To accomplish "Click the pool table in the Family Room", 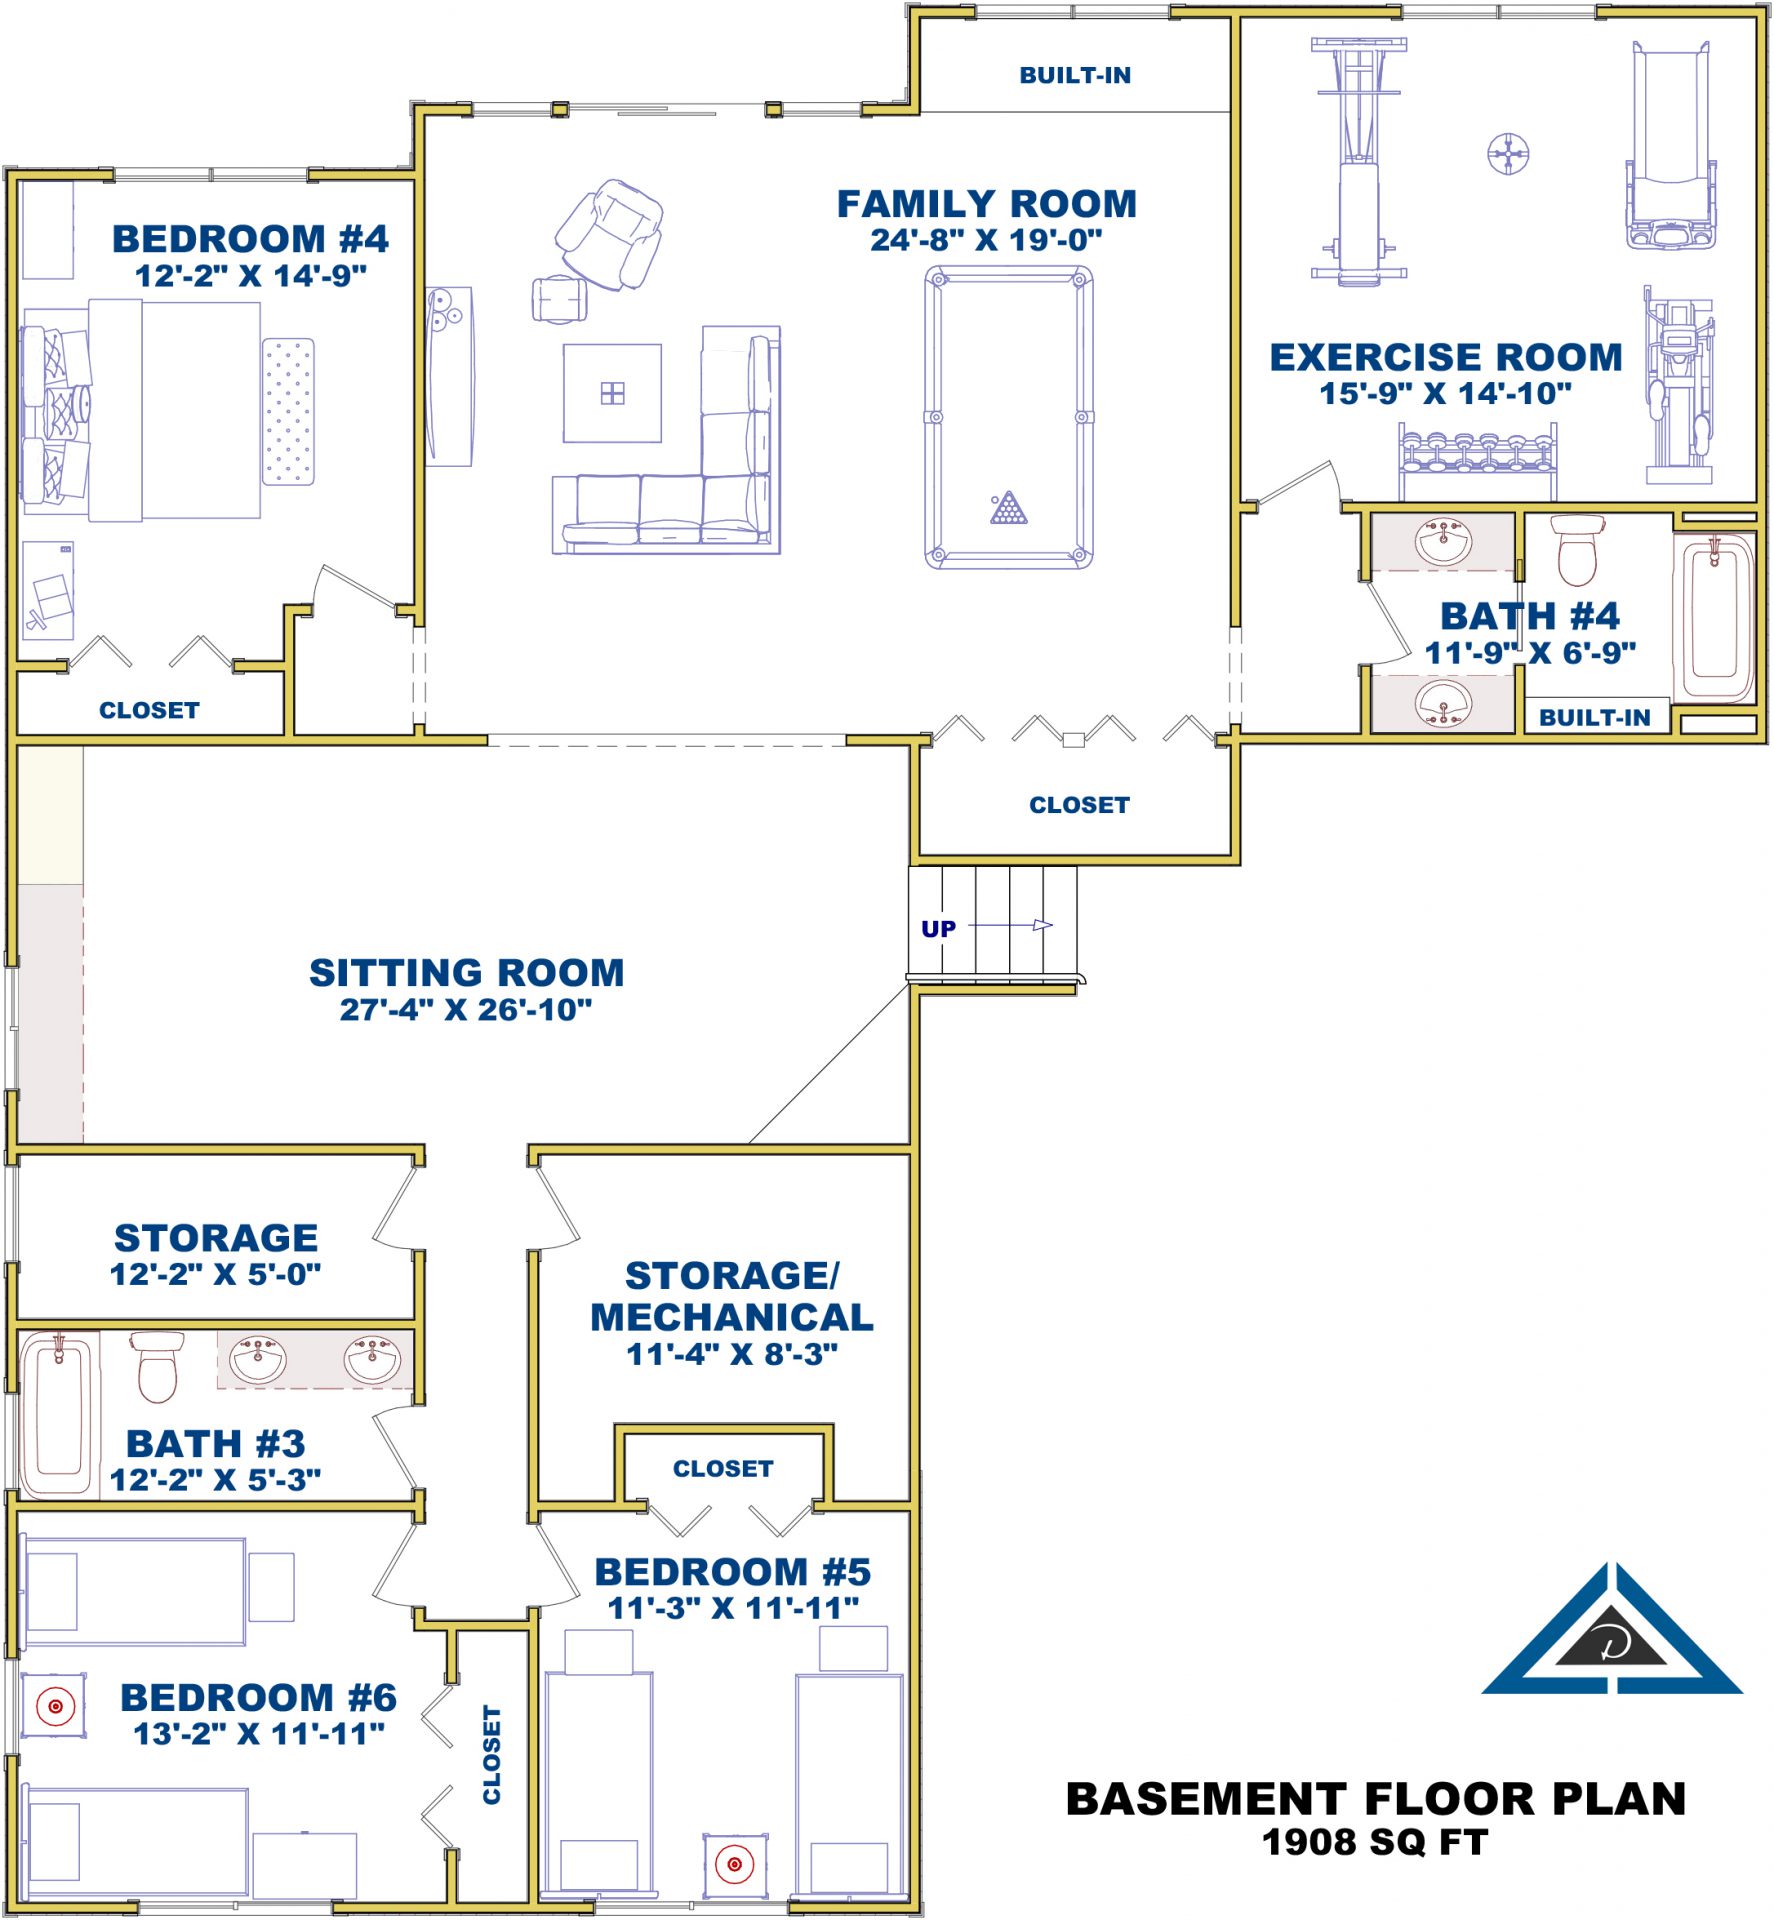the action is point(1008,417).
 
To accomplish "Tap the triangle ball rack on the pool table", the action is point(1008,508).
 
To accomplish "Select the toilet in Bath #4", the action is point(1578,549).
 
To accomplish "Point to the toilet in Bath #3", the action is point(157,1366).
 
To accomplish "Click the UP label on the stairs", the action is point(938,929).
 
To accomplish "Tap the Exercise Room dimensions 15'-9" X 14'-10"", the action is point(1445,393).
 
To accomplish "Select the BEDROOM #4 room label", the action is point(250,239).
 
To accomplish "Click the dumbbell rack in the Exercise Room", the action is point(1477,460).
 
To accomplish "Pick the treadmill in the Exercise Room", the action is point(1671,145).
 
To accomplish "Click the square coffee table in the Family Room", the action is point(612,393).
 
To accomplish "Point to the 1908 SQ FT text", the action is point(1375,1842).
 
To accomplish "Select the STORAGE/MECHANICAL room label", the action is point(732,1296).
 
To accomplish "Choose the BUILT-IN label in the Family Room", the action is point(1075,76).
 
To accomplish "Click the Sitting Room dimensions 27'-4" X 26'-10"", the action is point(466,1010).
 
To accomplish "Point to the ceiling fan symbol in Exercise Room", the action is point(1508,154).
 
